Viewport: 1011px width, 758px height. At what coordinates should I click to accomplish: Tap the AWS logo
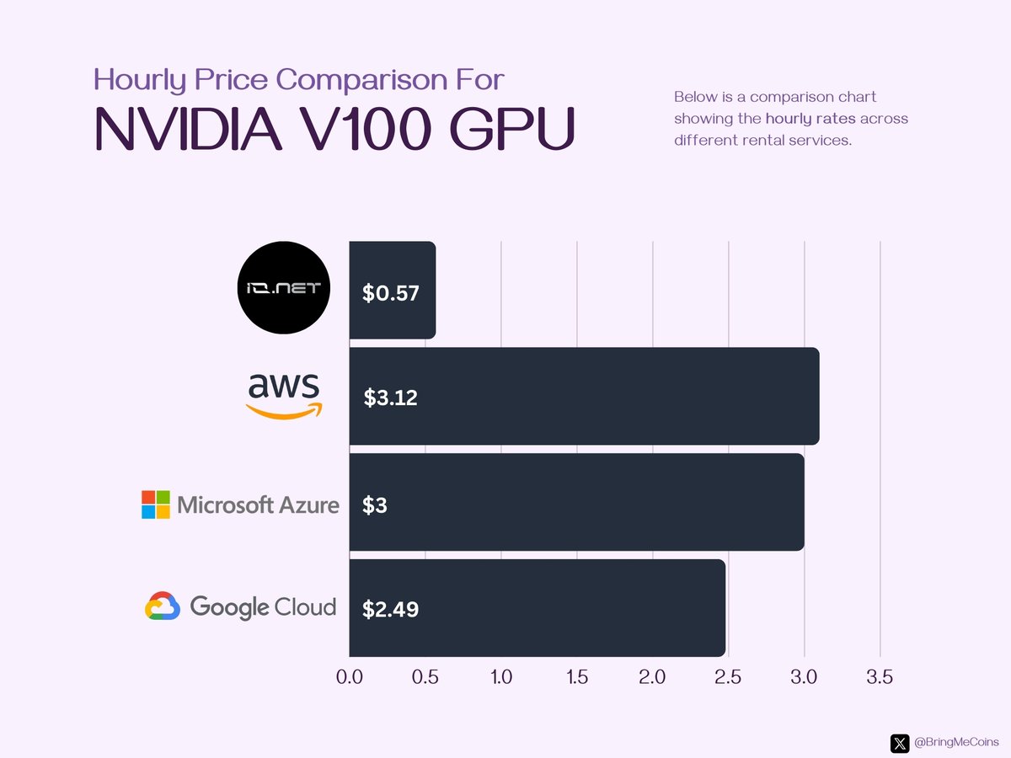pyautogui.click(x=285, y=396)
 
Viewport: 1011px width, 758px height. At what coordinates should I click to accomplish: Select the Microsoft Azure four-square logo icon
pyautogui.click(x=155, y=504)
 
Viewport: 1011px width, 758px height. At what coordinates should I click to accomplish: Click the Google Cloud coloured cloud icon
pyautogui.click(x=163, y=606)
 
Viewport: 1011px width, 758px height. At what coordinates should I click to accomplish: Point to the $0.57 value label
pyautogui.click(x=390, y=293)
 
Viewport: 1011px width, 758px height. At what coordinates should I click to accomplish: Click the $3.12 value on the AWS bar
pyautogui.click(x=390, y=398)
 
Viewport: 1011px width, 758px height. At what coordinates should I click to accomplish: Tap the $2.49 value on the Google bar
pyautogui.click(x=390, y=610)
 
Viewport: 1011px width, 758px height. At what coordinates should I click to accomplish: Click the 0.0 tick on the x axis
pyautogui.click(x=349, y=677)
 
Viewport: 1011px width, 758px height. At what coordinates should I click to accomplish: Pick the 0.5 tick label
pyautogui.click(x=425, y=677)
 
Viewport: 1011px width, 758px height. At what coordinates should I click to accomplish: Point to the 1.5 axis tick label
pyautogui.click(x=576, y=677)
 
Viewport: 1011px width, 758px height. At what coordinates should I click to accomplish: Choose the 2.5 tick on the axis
pyautogui.click(x=728, y=677)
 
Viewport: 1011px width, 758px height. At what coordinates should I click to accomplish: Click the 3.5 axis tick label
pyautogui.click(x=880, y=677)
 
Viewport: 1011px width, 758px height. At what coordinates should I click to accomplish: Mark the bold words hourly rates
pyautogui.click(x=810, y=119)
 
